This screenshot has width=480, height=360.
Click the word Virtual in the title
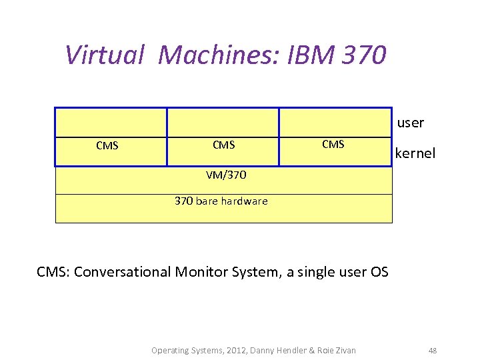pos(105,55)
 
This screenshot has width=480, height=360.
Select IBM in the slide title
pos(311,55)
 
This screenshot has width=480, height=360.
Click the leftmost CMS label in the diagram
pos(107,145)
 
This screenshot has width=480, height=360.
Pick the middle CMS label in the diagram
pos(223,145)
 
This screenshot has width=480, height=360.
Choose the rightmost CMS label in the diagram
pos(333,144)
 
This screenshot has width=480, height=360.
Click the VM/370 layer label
pos(226,175)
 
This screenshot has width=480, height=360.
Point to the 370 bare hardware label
pos(221,201)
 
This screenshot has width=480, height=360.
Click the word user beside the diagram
pos(411,123)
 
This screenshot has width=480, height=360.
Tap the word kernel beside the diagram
pos(415,153)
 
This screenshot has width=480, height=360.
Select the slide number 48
pos(433,350)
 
